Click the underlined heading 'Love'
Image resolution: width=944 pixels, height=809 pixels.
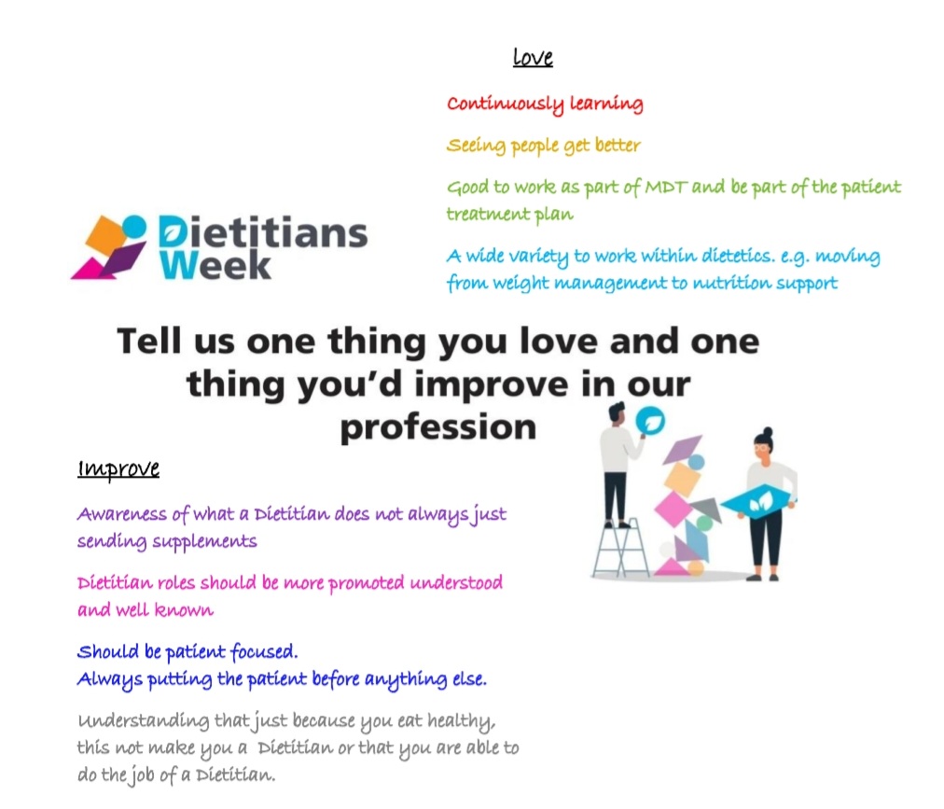pos(533,58)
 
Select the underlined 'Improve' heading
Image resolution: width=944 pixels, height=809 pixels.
pos(118,468)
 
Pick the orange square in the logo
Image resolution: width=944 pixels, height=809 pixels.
pos(105,232)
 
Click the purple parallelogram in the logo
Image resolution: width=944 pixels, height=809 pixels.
pos(122,260)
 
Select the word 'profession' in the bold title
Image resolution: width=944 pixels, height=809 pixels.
pos(437,427)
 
